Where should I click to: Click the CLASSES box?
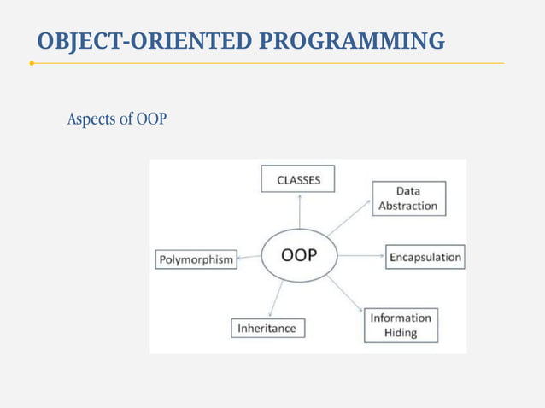coord(298,179)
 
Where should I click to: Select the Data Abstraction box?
coord(407,198)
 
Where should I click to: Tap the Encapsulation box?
coord(425,257)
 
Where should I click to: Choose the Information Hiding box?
coord(401,325)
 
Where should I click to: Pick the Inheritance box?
coord(267,328)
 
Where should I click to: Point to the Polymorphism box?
coord(196,259)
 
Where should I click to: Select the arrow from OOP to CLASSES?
coord(299,211)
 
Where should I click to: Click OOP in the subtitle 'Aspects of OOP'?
coord(151,119)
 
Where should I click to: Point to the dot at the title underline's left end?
coord(32,63)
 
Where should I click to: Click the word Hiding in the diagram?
coord(401,333)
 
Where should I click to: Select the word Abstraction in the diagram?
coord(407,206)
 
